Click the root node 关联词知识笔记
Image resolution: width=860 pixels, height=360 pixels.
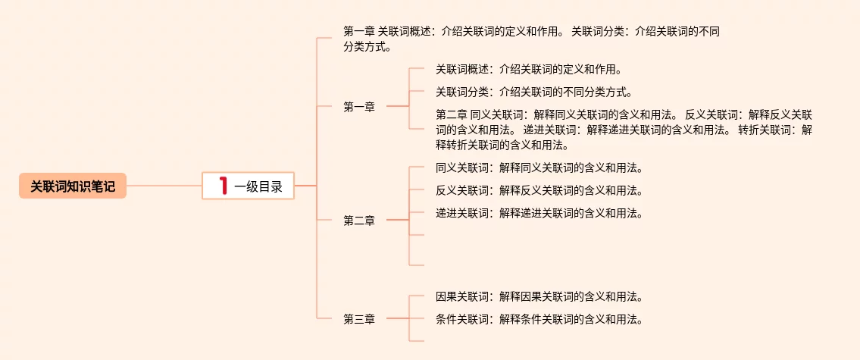point(73,186)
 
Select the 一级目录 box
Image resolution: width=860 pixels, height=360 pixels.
point(248,186)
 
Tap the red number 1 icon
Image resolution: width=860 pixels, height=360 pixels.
point(223,186)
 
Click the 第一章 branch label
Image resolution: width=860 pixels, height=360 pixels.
point(359,108)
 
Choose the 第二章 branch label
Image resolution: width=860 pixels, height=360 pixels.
point(359,221)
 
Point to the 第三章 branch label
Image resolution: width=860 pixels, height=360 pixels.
point(359,319)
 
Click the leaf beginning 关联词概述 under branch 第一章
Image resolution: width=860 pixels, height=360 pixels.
point(528,70)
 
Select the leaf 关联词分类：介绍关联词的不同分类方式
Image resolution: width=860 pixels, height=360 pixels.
point(533,92)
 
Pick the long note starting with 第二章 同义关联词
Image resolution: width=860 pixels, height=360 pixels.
point(624,130)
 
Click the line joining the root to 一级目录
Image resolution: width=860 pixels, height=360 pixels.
point(164,186)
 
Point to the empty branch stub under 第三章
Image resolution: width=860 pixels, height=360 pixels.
point(416,342)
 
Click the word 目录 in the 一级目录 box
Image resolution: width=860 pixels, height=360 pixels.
point(271,186)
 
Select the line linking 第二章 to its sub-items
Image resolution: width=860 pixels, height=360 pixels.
point(397,221)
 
